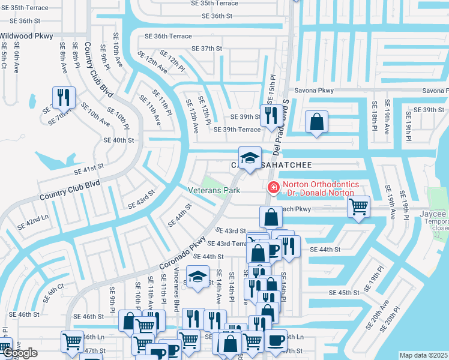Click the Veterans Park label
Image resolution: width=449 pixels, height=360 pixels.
[214, 191]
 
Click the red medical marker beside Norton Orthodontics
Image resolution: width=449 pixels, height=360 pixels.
[274, 188]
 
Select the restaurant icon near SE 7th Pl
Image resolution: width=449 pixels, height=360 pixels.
[62, 97]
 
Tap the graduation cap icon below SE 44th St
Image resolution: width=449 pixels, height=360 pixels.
[196, 277]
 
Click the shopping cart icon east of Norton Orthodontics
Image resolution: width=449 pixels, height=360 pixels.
[358, 206]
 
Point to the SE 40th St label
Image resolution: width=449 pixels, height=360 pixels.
[118, 140]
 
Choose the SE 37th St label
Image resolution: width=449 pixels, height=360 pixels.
[206, 49]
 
